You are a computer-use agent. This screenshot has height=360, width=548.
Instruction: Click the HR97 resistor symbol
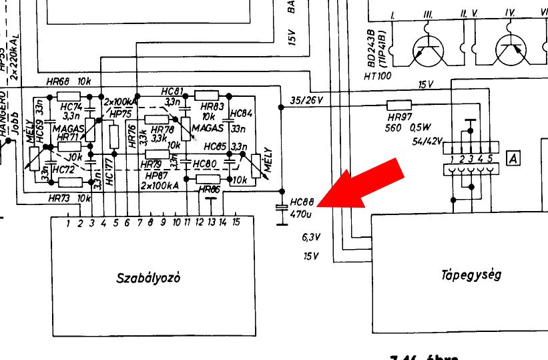399,105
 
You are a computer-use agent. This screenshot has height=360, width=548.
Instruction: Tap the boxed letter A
513,158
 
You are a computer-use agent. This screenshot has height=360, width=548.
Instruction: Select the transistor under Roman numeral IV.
512,49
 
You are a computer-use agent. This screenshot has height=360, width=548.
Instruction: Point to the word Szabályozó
148,277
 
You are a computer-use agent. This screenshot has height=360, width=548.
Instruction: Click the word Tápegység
471,275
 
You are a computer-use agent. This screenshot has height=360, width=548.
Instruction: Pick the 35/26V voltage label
307,100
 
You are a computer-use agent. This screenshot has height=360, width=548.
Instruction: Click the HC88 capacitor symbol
282,209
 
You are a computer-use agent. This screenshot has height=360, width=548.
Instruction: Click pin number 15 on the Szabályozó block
236,222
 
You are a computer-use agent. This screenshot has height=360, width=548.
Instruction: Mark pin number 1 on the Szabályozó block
68,222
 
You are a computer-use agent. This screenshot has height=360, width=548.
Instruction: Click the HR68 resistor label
59,81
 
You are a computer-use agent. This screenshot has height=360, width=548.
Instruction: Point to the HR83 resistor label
212,106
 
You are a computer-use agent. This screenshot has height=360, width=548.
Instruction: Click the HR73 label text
59,198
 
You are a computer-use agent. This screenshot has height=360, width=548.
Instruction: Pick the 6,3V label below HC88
311,236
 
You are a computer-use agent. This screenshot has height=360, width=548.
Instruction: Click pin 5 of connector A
489,159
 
